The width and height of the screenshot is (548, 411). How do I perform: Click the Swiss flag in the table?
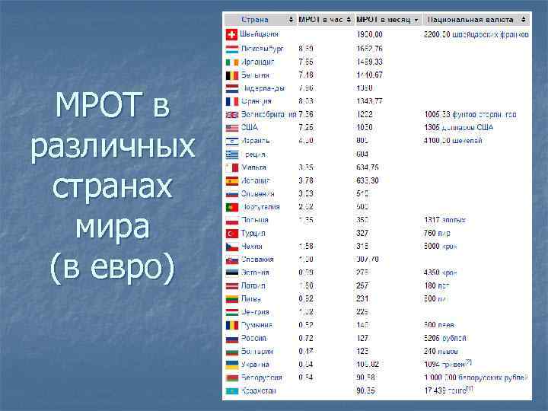232,34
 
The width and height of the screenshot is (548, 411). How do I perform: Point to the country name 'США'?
250,127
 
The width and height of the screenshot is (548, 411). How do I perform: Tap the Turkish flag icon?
232,233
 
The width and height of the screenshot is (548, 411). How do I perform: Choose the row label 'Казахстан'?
259,390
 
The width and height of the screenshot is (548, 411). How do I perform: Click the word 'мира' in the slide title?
113,226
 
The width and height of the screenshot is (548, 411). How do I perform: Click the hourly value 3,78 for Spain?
307,180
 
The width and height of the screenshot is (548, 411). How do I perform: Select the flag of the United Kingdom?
232,114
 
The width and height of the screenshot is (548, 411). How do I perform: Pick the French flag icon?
232,101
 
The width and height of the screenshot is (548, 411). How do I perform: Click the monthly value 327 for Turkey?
364,233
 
